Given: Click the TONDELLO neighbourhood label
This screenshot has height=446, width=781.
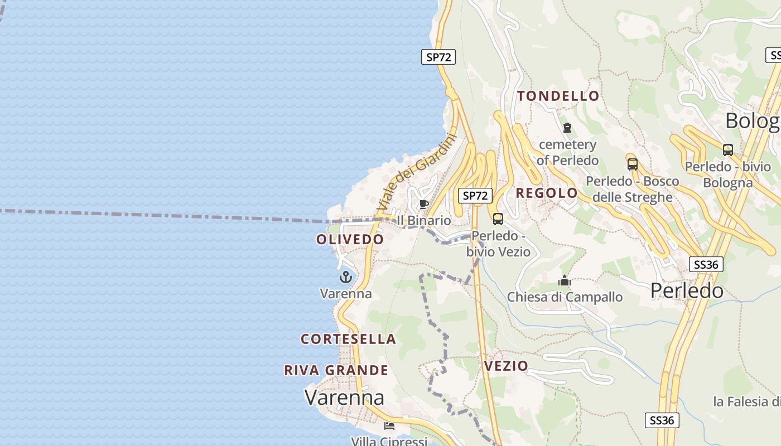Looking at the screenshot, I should [x=558, y=96].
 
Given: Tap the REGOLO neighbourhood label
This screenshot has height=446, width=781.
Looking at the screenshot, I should [x=547, y=193].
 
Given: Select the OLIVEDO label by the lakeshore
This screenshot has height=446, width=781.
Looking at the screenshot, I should [x=350, y=239].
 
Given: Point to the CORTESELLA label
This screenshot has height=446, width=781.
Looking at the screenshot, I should [x=348, y=339].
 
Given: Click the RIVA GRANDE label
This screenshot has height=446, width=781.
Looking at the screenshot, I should [x=336, y=370].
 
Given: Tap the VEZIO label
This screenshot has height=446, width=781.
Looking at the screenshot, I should [x=506, y=366].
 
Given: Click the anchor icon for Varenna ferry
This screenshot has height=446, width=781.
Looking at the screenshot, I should [x=346, y=277].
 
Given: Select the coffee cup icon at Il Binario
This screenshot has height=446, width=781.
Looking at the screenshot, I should [x=423, y=204].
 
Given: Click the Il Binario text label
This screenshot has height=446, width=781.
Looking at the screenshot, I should [x=423, y=221].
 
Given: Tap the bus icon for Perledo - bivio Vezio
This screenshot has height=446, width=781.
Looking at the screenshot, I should [x=498, y=219].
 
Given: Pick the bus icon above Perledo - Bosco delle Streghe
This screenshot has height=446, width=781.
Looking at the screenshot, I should [x=632, y=164].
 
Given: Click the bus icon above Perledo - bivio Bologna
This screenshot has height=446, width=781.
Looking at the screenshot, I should [x=728, y=150].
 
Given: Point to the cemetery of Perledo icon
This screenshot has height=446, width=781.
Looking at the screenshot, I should [x=567, y=128].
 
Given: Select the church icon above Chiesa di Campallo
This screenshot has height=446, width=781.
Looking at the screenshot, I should [x=565, y=280].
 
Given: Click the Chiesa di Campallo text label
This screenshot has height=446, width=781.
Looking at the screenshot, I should [x=565, y=297].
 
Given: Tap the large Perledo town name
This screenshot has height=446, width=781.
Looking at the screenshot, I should [x=687, y=290].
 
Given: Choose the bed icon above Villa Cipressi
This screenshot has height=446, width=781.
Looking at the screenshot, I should [x=389, y=426].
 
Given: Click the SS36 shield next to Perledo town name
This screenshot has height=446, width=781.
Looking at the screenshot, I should [x=706, y=264].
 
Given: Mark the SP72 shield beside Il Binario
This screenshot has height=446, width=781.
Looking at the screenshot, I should [x=475, y=196].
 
